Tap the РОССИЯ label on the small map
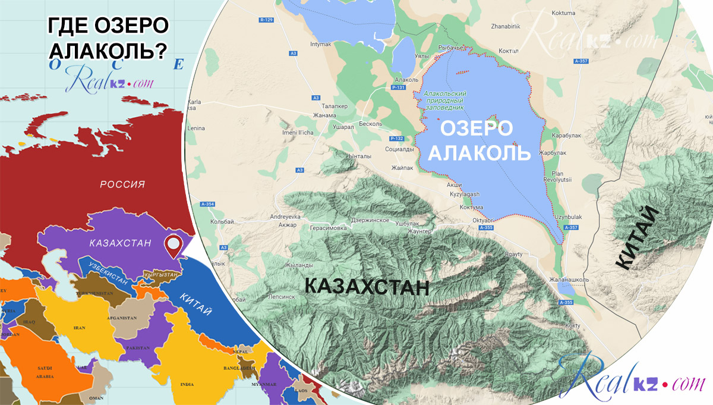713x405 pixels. (x=122, y=184)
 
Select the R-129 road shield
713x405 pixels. (x=266, y=20)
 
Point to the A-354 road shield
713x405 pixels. (x=208, y=205)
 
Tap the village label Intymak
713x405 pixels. (x=322, y=45)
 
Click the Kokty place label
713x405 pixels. (x=573, y=325)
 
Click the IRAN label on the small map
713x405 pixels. (x=79, y=328)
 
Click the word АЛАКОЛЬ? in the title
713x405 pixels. (x=107, y=52)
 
